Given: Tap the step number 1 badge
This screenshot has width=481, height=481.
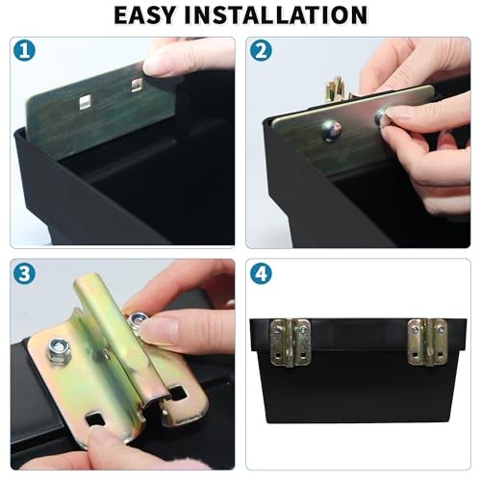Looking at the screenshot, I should click(25, 52).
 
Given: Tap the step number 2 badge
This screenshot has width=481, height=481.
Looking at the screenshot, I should click(260, 52).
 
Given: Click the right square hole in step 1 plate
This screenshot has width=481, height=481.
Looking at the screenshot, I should click(137, 85).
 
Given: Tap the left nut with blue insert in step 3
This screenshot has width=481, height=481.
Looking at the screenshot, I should click(59, 350).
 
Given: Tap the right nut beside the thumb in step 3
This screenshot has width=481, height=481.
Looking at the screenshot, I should click(138, 320).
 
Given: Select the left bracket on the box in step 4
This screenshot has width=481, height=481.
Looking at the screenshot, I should click(291, 342).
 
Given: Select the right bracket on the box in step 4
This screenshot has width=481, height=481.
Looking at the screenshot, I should click(426, 342).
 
